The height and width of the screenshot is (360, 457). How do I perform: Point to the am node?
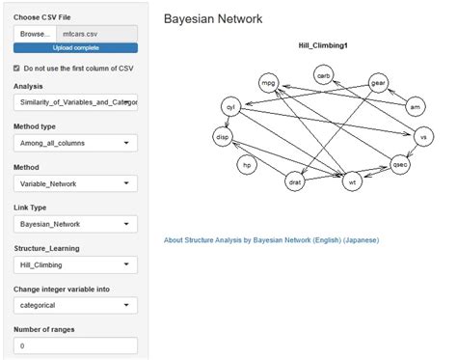(x=415, y=105)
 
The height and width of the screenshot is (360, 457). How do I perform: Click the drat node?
(x=296, y=180)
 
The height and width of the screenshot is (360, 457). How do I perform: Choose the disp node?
(x=224, y=137)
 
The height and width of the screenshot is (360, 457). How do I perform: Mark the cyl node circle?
(x=229, y=105)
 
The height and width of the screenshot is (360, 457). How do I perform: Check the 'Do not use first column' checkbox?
(x=16, y=69)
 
